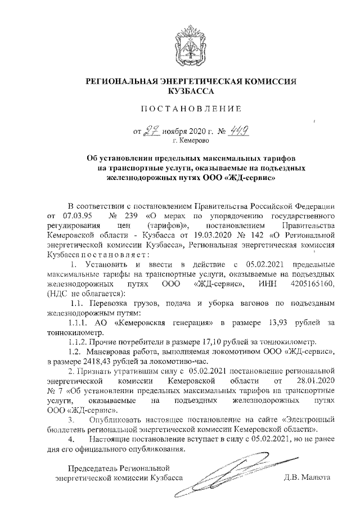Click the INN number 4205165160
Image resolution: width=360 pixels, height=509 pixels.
[312, 283]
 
